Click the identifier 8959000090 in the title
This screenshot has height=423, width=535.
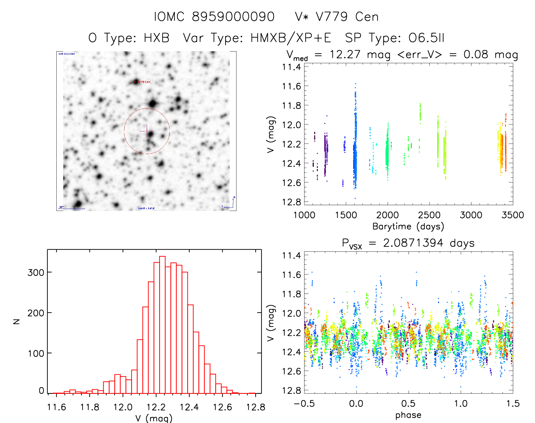tap(233, 17)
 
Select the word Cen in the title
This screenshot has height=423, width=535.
tap(367, 17)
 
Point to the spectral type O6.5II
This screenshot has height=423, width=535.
tap(426, 38)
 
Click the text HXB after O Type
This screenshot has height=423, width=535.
tap(157, 38)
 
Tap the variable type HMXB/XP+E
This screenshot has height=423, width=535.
tap(291, 38)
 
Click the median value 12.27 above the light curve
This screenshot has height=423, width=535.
tap(345, 54)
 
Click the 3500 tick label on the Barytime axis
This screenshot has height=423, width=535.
tap(513, 215)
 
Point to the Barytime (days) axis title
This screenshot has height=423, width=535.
tap(408, 227)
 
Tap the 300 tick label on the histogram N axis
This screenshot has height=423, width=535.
tap(36, 272)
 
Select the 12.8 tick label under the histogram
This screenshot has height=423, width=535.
tap(255, 407)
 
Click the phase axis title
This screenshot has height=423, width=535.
tap(408, 415)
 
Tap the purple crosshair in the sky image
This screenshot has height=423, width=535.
tap(147, 131)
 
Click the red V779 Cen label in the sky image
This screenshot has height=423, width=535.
tap(142, 82)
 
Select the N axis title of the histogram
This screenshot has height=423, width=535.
tap(16, 321)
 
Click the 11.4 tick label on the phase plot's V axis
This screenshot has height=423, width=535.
tap(291, 255)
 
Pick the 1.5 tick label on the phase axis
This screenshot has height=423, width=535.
tap(513, 403)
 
